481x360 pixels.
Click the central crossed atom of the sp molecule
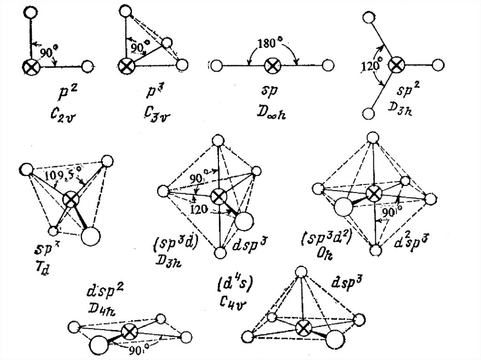pyautogui.click(x=272, y=65)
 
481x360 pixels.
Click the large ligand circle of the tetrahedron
pyautogui.click(x=91, y=236)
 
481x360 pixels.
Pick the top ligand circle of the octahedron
pyautogui.click(x=372, y=137)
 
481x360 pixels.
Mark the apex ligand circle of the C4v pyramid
pyautogui.click(x=301, y=272)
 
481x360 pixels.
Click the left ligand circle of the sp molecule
pyautogui.click(x=217, y=65)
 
